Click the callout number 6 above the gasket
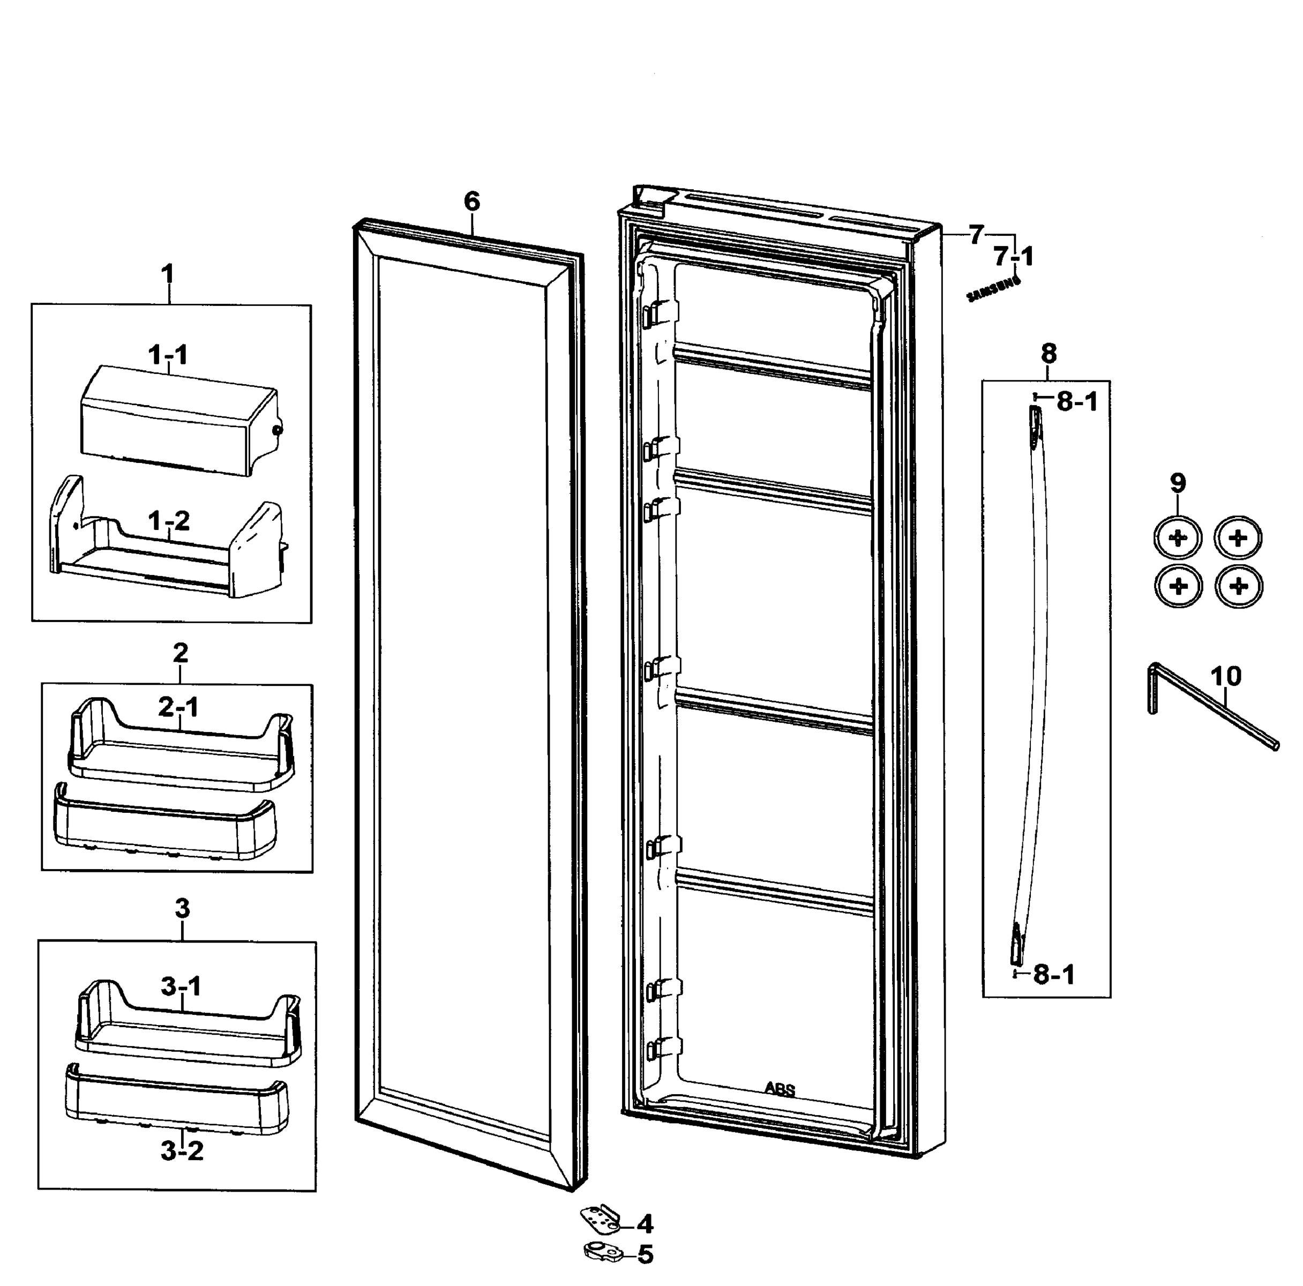(472, 201)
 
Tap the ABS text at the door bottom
(780, 1089)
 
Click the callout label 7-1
(1014, 257)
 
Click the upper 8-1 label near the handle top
(1077, 402)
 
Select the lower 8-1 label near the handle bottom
(1055, 975)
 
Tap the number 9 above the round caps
(1178, 483)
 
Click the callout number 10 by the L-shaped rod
(1225, 676)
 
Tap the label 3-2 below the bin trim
(182, 1150)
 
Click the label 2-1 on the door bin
(179, 707)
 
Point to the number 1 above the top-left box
(167, 274)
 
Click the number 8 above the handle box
(1049, 353)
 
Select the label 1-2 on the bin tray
(169, 521)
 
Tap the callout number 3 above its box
(182, 908)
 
